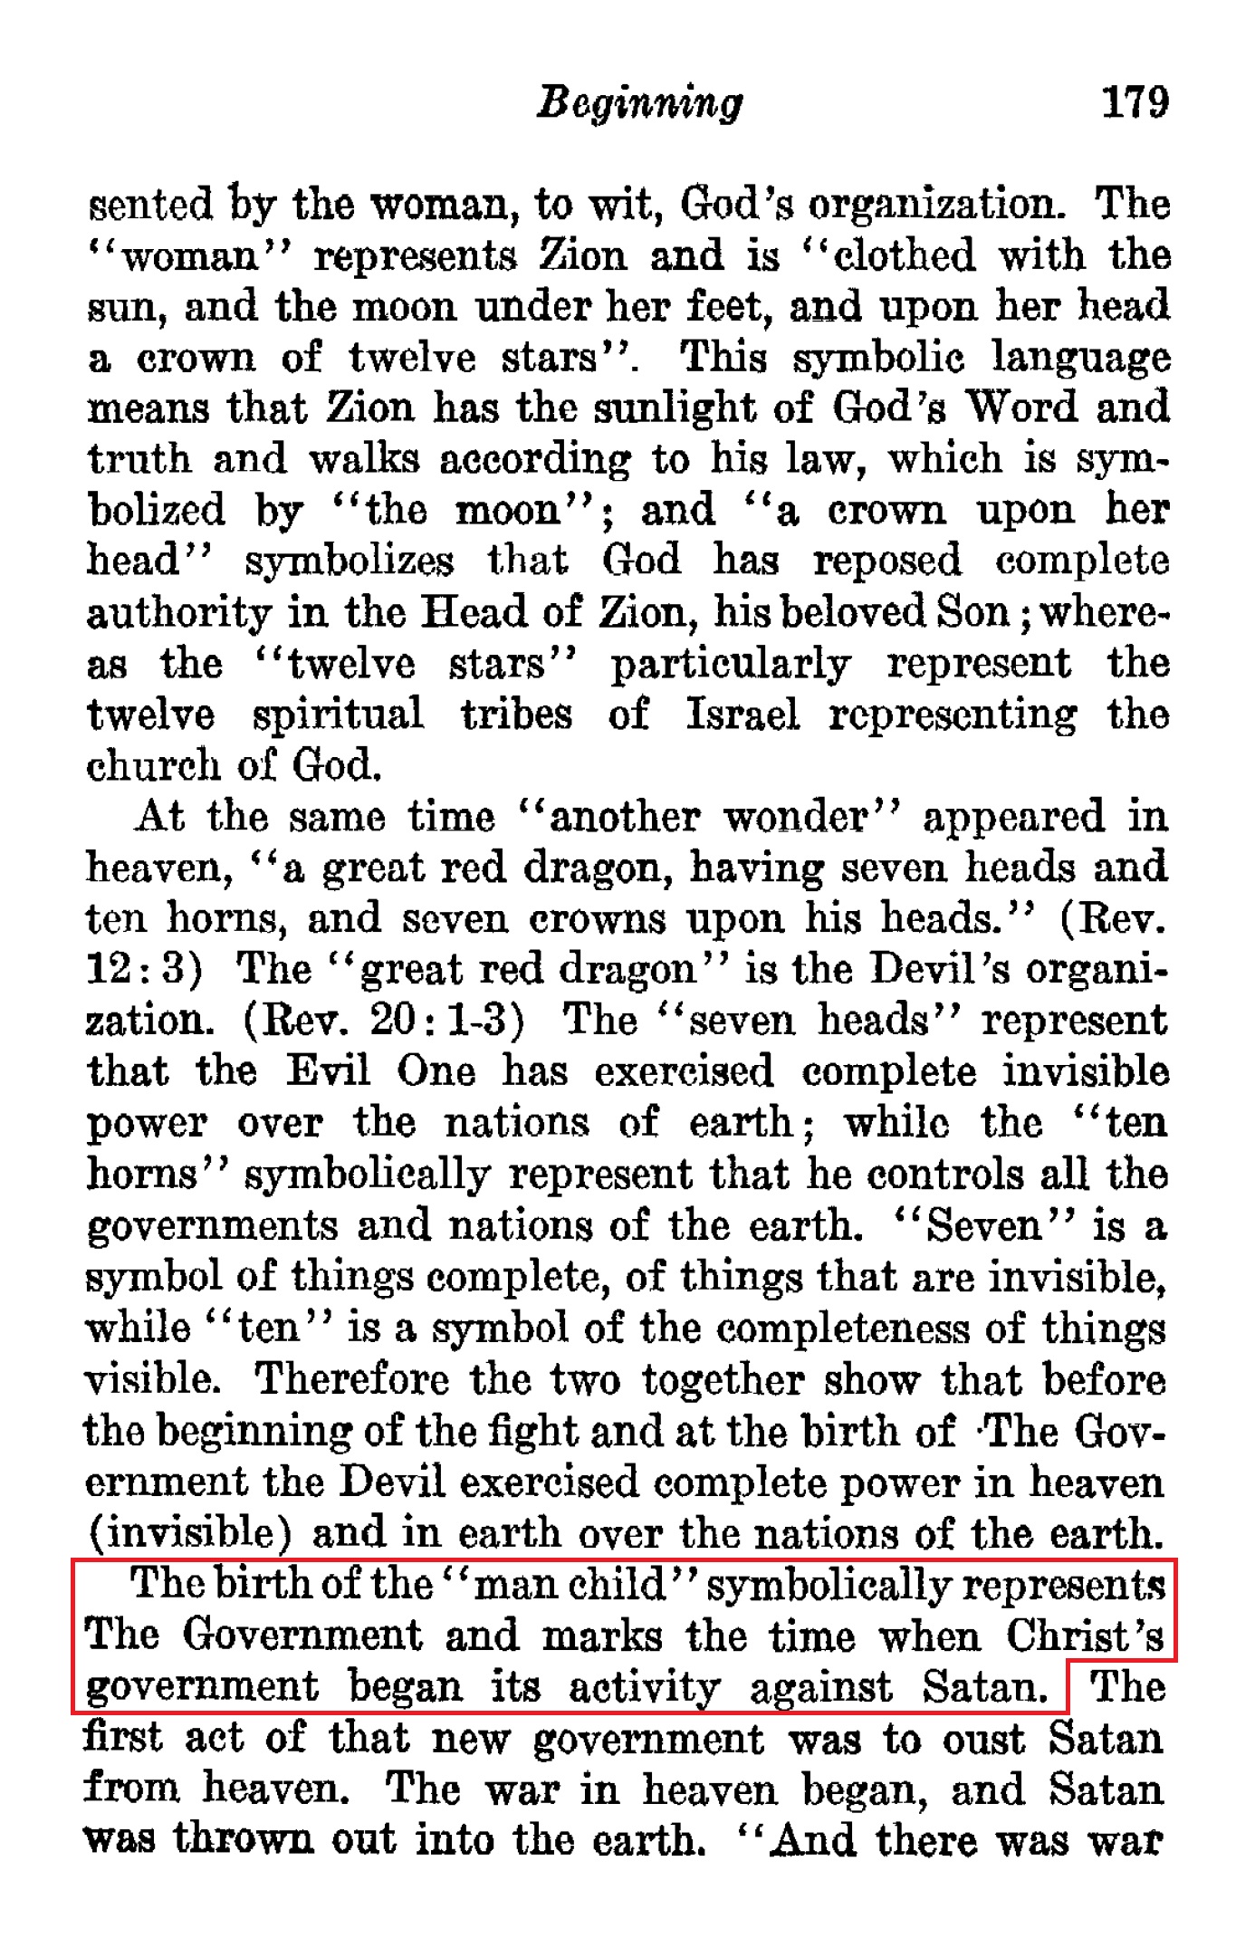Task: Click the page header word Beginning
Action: (639, 103)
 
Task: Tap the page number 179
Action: (1135, 101)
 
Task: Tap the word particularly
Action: (730, 665)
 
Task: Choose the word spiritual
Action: (338, 715)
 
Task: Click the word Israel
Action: (742, 714)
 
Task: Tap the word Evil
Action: (329, 1071)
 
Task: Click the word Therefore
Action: (351, 1379)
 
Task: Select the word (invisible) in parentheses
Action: (188, 1533)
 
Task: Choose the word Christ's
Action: (1085, 1636)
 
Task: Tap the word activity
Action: (644, 1687)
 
